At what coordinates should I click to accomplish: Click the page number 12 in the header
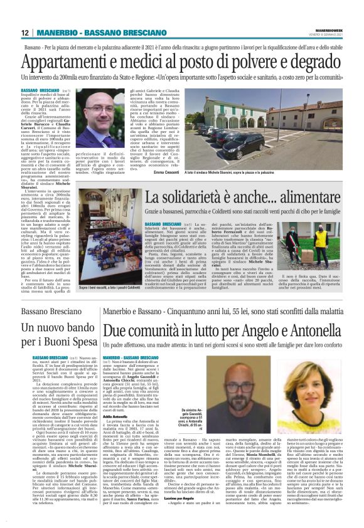24,33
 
